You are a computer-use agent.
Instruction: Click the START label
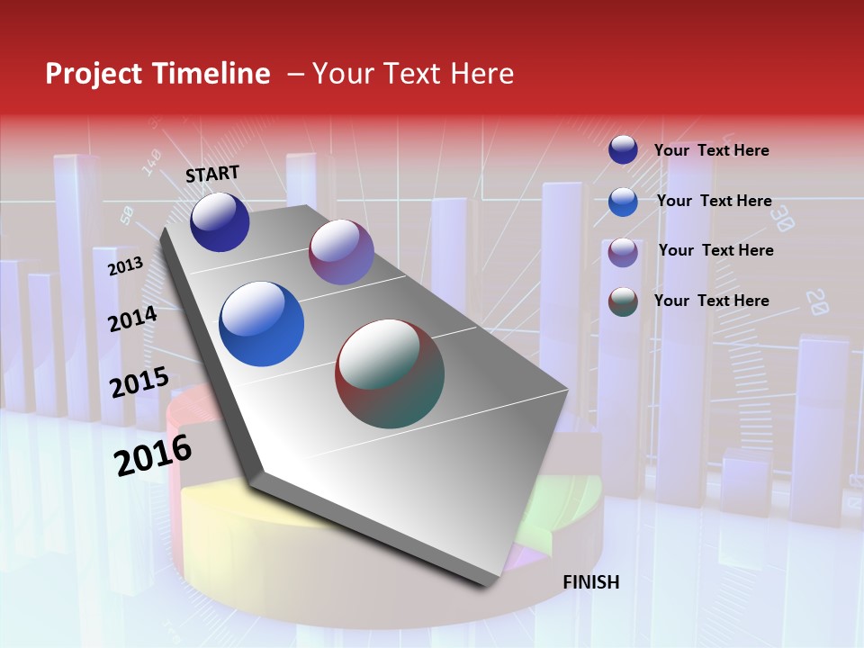[212, 174]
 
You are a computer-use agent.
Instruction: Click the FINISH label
[591, 582]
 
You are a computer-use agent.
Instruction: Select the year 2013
[125, 266]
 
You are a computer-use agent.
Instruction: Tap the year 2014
[133, 319]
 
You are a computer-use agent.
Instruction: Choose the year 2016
[153, 455]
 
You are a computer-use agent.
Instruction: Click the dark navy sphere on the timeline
[220, 221]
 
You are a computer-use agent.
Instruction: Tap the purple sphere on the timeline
[341, 252]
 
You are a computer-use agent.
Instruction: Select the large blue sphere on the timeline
[262, 324]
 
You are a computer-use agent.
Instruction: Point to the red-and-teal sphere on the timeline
[390, 373]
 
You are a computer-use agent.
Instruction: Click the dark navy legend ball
[623, 149]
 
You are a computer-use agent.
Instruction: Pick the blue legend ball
[623, 202]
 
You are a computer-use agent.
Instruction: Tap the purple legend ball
[623, 252]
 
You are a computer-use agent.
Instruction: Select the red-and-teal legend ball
[623, 301]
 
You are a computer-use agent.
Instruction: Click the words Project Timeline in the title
[157, 74]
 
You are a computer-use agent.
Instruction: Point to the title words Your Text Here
[413, 74]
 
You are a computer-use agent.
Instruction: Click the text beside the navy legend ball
[712, 150]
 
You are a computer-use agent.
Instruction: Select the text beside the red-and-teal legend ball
[712, 301]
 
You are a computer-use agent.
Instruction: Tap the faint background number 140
[151, 162]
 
